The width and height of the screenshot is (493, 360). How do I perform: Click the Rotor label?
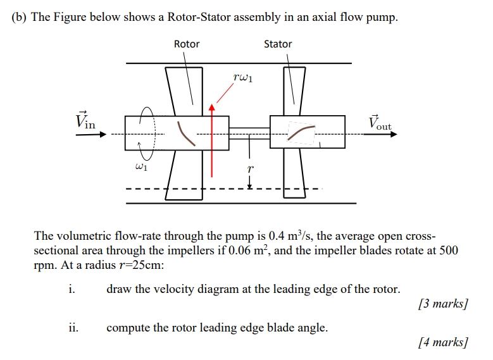pyautogui.click(x=186, y=44)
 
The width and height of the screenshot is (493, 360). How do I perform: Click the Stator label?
pyautogui.click(x=278, y=44)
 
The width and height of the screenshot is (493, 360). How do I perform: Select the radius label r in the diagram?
pyautogui.click(x=250, y=169)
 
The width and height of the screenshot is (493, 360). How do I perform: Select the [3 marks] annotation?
pyautogui.click(x=444, y=304)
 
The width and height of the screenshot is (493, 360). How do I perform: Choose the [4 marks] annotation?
pyautogui.click(x=444, y=342)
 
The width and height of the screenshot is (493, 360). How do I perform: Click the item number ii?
pyautogui.click(x=73, y=328)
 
